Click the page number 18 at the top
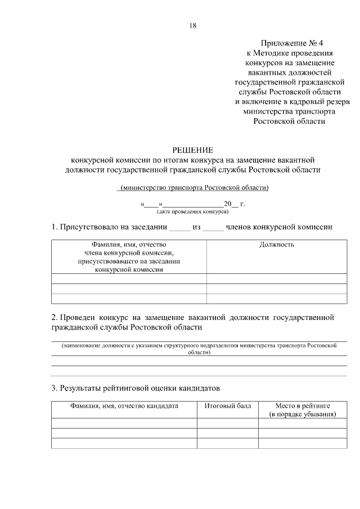[193, 25]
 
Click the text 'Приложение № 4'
[292, 43]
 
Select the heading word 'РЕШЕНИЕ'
[192, 150]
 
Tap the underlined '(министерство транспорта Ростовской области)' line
[193, 187]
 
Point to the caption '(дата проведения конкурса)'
[192, 212]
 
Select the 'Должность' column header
[277, 245]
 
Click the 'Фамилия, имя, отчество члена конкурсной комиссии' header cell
[129, 257]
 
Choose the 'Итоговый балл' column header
[227, 406]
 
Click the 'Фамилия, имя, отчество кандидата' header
[124, 406]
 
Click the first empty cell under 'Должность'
[277, 278]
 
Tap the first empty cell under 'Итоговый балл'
[227, 423]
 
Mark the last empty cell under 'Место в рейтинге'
[303, 443]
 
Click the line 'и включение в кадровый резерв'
[292, 101]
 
